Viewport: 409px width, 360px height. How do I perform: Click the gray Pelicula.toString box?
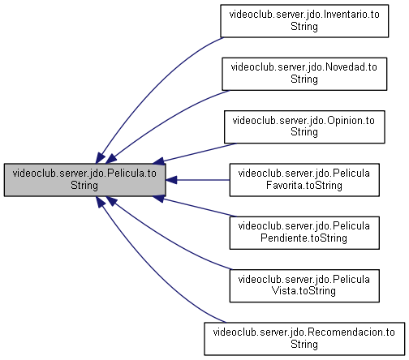coord(84,180)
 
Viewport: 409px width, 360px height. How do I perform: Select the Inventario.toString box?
coord(304,21)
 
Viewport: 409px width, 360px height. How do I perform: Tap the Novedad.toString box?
coord(304,74)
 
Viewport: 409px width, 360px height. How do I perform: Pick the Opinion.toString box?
coord(304,126)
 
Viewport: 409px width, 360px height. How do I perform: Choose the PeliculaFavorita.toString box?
coord(304,180)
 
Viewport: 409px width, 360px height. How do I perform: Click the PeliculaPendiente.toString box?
coord(304,233)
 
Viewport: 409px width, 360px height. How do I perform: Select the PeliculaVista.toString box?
coord(304,285)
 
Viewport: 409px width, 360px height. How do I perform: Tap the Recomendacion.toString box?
coord(304,339)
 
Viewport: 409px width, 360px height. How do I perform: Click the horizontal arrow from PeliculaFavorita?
coord(197,180)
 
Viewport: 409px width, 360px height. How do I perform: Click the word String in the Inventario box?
coord(304,27)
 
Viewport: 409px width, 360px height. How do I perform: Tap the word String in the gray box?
coord(84,186)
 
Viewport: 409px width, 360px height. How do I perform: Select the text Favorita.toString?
coord(304,186)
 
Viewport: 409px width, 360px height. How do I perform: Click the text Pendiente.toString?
coord(304,238)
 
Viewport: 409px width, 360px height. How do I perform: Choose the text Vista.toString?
coord(304,291)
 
